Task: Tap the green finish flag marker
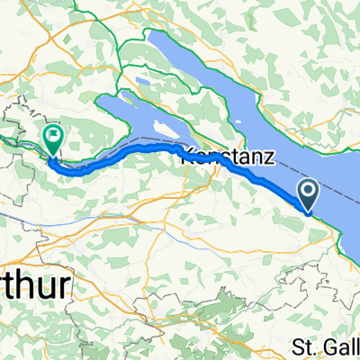point(53,140)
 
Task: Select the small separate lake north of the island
point(142,82)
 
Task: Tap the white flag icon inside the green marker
point(53,138)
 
